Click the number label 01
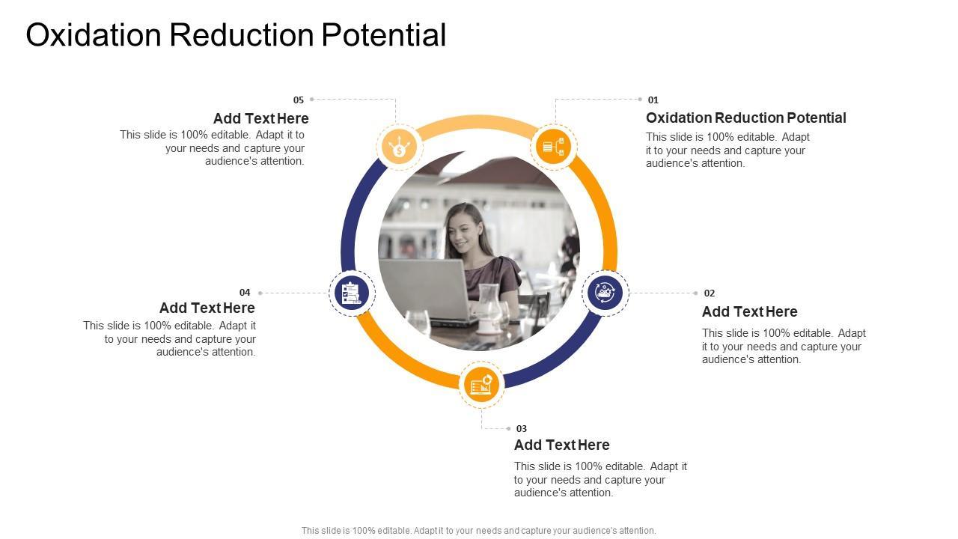(653, 100)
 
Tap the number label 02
(710, 293)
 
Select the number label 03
(522, 429)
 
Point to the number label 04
(245, 293)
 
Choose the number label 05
(299, 100)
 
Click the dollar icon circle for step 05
(399, 147)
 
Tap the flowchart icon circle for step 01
(553, 147)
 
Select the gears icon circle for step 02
(605, 293)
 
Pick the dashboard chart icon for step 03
(481, 385)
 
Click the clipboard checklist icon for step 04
(352, 293)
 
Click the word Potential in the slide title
(384, 35)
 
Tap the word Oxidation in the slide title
(94, 35)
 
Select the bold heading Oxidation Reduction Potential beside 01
(746, 118)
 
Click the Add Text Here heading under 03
(561, 445)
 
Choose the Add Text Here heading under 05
(261, 118)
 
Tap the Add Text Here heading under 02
(749, 312)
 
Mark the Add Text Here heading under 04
(207, 308)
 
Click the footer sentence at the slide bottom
(478, 531)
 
